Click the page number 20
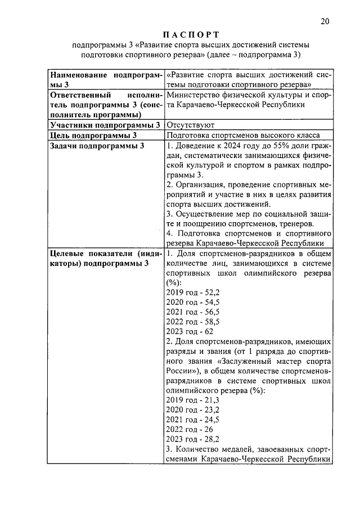click(x=325, y=21)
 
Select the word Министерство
click(x=195, y=94)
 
